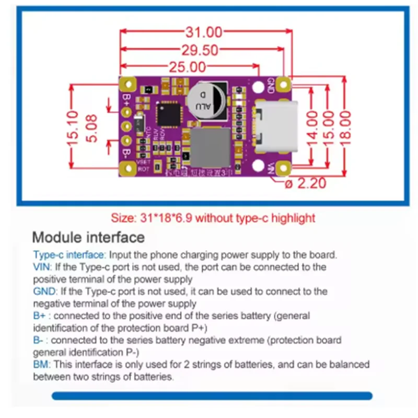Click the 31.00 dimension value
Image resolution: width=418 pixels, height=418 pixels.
coord(204,32)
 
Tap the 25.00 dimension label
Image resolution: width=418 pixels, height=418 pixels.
coord(187,67)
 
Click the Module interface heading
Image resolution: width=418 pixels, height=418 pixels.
coord(88,237)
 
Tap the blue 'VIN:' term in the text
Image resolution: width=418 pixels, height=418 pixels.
coord(43,267)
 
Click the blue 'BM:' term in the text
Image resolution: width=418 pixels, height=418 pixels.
coord(42,364)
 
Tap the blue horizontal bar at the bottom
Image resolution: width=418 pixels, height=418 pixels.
coord(212,396)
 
